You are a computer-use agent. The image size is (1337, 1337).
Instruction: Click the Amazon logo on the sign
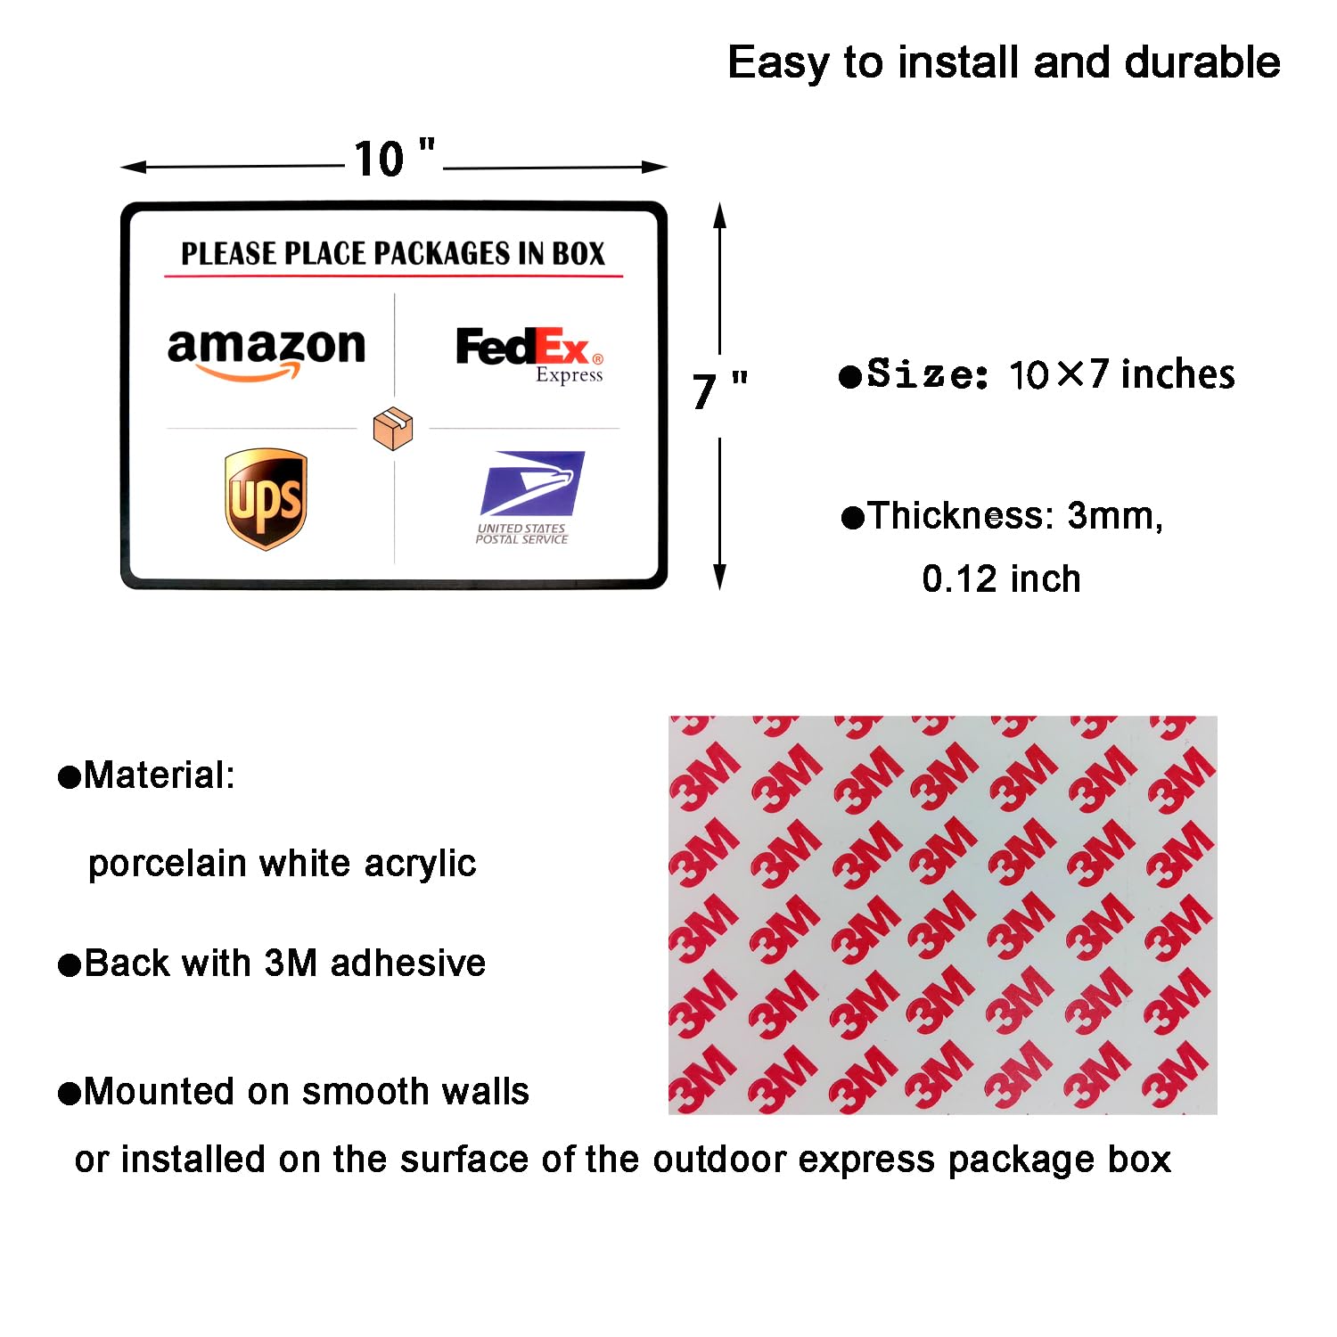pos(267,353)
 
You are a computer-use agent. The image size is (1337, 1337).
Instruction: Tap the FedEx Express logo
pos(530,355)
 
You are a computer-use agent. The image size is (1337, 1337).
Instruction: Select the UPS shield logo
pos(266,498)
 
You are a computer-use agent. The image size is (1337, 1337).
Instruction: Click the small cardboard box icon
pos(393,428)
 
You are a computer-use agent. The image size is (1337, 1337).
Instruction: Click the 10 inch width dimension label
pos(394,159)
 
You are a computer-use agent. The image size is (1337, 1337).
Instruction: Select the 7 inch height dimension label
pos(719,390)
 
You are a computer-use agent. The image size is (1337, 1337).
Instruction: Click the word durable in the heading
pos(1202,62)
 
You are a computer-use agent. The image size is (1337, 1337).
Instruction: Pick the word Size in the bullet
pos(927,373)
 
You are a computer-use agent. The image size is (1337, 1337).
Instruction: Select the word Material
pos(159,775)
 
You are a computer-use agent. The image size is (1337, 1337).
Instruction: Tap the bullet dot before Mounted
pos(70,1093)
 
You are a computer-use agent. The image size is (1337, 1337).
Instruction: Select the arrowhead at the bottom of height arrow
pos(719,578)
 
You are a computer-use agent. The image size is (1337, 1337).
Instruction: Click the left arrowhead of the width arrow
pos(134,167)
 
